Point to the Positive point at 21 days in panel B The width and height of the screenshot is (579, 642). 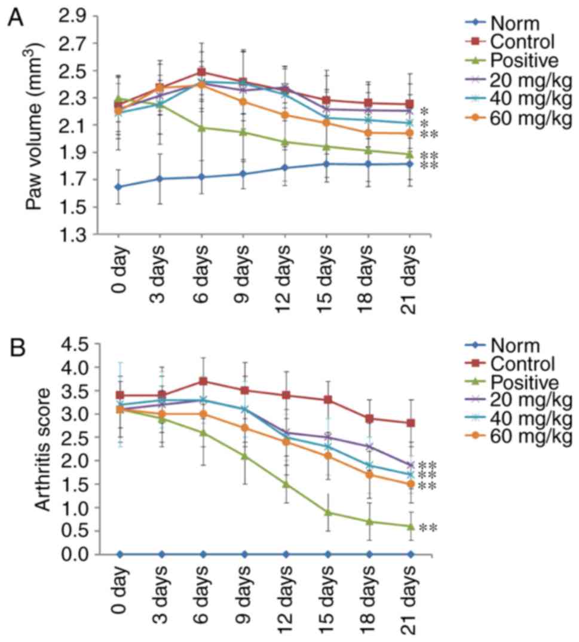(410, 526)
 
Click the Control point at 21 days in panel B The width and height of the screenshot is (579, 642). (410, 423)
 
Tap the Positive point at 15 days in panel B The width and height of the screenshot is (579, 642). (328, 512)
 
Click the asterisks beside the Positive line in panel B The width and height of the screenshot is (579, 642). (429, 527)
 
